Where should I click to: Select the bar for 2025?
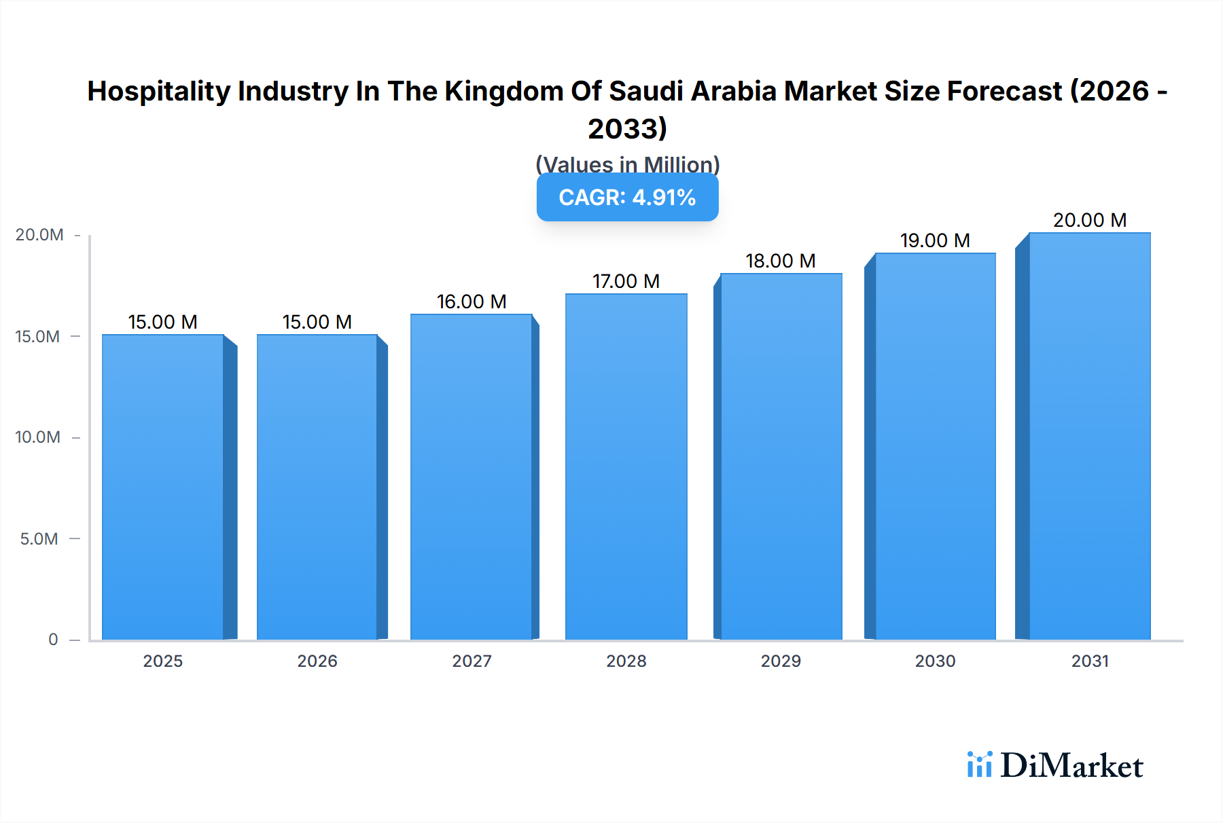click(163, 486)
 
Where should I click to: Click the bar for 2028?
click(626, 466)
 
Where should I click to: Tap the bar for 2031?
click(1089, 435)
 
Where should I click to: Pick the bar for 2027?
click(471, 476)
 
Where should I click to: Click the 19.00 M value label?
click(935, 240)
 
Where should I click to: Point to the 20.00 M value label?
click(1089, 220)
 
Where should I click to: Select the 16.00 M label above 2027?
click(471, 301)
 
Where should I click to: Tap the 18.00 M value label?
click(780, 261)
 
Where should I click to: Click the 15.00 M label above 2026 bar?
click(317, 322)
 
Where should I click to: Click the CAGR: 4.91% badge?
click(627, 198)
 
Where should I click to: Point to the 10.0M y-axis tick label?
click(38, 437)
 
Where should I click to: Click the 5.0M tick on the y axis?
click(39, 539)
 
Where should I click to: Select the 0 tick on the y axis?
click(53, 640)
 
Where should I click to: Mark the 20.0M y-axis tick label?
click(39, 235)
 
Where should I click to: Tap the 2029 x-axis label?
click(780, 661)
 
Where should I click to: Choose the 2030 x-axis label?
click(935, 661)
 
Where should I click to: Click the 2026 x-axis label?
click(317, 661)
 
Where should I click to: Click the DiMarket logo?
click(1055, 765)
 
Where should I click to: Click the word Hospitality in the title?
click(159, 91)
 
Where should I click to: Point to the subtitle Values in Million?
click(627, 164)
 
